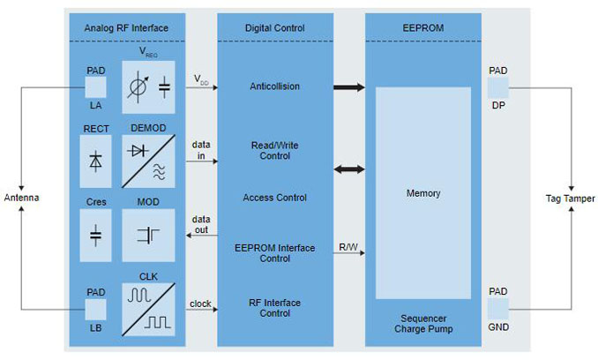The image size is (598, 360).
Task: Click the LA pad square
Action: pyautogui.click(x=95, y=86)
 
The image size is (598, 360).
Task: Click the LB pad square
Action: pyautogui.click(x=95, y=310)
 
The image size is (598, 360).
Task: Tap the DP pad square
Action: pyautogui.click(x=497, y=86)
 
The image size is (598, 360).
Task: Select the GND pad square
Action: pyautogui.click(x=497, y=308)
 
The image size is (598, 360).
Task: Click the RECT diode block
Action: pyautogui.click(x=95, y=161)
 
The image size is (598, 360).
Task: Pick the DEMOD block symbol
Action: pyautogui.click(x=149, y=161)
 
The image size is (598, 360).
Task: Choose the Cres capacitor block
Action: pyautogui.click(x=95, y=236)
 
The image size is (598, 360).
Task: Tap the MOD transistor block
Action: pyautogui.click(x=149, y=236)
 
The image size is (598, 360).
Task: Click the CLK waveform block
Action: pyautogui.click(x=149, y=309)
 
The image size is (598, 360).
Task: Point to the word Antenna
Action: pyautogui.click(x=21, y=198)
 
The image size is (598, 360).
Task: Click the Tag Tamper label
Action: pyautogui.click(x=570, y=199)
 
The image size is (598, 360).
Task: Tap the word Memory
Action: pyautogui.click(x=422, y=193)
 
